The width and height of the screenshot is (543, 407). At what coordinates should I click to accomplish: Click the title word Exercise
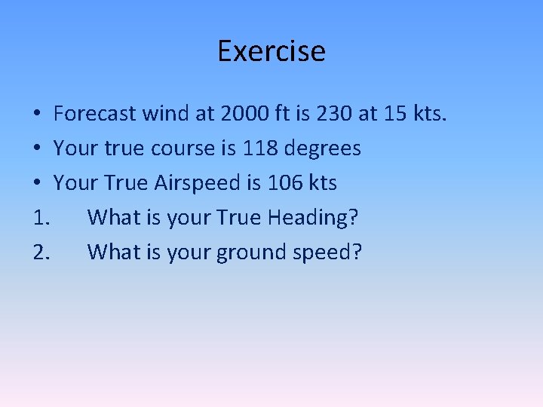[x=271, y=51]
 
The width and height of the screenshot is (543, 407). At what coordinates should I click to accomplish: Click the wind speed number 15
[x=397, y=114]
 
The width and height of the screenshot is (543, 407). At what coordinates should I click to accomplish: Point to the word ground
[x=250, y=253]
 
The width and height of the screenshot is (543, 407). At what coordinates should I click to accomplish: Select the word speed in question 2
[x=324, y=253]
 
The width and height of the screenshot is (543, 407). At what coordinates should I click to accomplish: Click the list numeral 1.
[x=41, y=218]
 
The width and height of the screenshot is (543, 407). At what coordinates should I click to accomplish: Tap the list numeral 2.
[x=41, y=252]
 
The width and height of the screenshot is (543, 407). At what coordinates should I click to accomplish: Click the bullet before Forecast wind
[x=37, y=115]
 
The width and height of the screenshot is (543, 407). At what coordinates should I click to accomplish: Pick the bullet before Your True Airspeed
[x=37, y=184]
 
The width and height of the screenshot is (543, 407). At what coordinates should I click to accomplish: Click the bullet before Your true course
[x=37, y=149]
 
